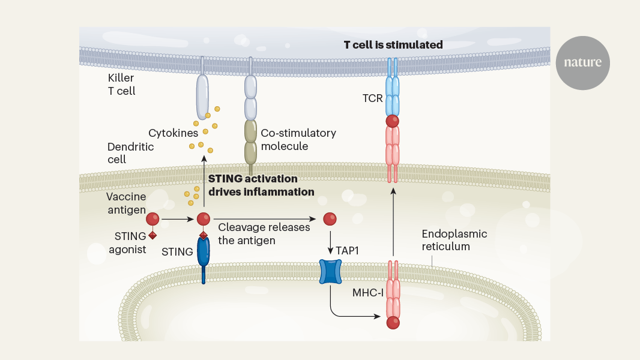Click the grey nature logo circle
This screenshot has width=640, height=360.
tap(582, 63)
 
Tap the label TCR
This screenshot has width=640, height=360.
tap(373, 98)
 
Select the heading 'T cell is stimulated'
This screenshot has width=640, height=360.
tap(393, 45)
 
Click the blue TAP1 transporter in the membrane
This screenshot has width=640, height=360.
tap(330, 272)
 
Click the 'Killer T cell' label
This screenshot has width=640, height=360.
tap(121, 85)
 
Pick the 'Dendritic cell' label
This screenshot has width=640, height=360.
tap(130, 153)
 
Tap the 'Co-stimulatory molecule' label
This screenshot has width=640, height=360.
tap(298, 139)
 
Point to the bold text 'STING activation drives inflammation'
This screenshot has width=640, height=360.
tap(261, 185)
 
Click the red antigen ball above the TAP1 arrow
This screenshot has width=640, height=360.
tap(330, 219)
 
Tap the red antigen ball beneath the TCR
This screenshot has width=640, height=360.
tap(393, 122)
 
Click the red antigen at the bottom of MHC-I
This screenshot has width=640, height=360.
tap(393, 323)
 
